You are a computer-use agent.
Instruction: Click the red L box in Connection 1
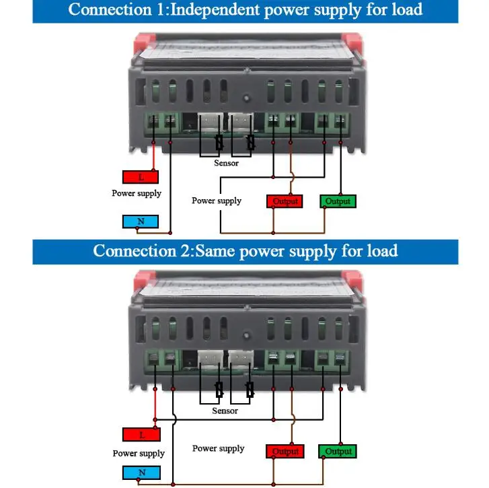pos(141,177)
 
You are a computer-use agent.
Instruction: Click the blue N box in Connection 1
pos(141,221)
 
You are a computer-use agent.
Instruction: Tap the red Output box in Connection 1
pos(285,201)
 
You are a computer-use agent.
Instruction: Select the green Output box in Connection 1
pos(338,201)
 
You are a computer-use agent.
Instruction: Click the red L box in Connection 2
pos(141,434)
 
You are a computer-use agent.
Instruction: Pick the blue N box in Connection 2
pos(141,472)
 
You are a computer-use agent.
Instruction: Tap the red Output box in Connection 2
pos(285,452)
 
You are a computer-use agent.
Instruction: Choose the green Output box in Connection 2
pos(338,452)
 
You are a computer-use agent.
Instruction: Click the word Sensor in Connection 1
pos(226,163)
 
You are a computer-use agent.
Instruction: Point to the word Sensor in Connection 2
pos(225,411)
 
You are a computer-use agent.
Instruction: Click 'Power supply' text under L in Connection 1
pos(137,193)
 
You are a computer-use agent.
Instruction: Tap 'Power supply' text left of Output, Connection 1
pos(217,201)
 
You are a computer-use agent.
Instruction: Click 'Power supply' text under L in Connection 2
pos(139,453)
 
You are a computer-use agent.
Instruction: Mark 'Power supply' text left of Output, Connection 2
pos(219,448)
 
